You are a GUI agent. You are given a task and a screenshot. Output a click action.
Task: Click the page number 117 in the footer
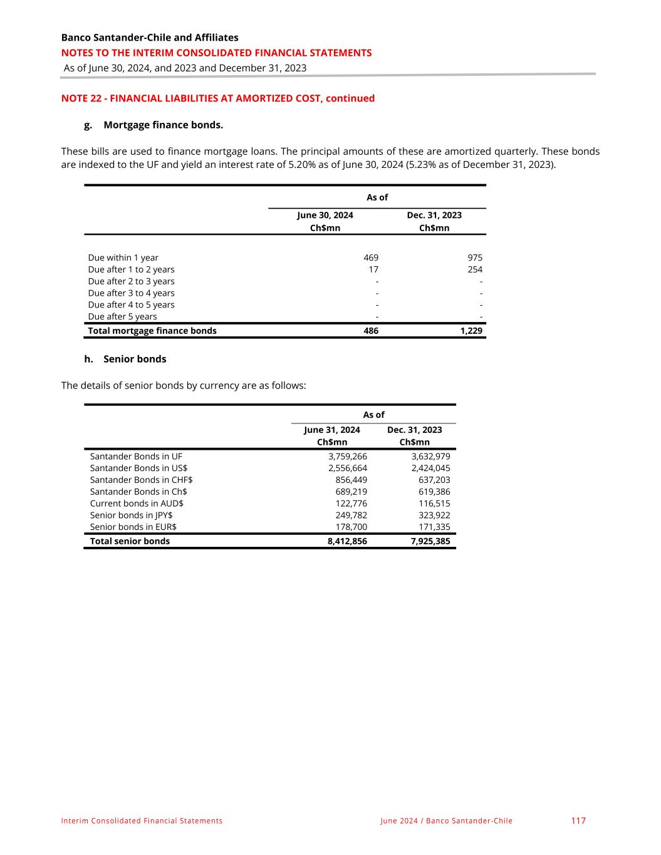tap(578, 821)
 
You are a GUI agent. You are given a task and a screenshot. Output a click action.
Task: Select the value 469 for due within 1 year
tap(371, 257)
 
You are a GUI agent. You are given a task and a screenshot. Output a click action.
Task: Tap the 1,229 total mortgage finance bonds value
tap(471, 331)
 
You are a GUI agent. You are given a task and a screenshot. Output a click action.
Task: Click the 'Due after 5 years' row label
tap(122, 316)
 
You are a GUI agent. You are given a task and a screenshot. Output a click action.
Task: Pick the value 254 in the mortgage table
tap(475, 269)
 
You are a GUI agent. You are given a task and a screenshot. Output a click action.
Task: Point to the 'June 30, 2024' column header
tap(325, 215)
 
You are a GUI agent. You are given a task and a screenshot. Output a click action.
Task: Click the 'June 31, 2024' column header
tap(331, 430)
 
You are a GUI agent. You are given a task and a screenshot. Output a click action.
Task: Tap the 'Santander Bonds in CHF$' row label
tap(141, 480)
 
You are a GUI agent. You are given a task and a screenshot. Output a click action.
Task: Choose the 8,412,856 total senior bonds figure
tap(347, 541)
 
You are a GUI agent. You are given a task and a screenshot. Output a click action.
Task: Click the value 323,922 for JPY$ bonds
tap(434, 515)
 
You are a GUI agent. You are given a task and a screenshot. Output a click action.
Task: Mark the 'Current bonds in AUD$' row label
tap(137, 504)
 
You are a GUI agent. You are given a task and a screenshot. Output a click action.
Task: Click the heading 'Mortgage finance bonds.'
tap(163, 125)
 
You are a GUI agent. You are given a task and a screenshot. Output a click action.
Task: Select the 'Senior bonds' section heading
tap(135, 359)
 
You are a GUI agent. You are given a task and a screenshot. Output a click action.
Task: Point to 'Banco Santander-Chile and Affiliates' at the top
tap(150, 38)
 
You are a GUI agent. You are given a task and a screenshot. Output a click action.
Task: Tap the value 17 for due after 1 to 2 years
tap(373, 269)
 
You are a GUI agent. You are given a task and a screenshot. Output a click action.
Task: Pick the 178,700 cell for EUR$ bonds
tap(351, 527)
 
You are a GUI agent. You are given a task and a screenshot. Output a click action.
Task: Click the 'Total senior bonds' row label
tap(130, 541)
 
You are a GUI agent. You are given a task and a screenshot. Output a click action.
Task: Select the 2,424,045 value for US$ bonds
tap(430, 468)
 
